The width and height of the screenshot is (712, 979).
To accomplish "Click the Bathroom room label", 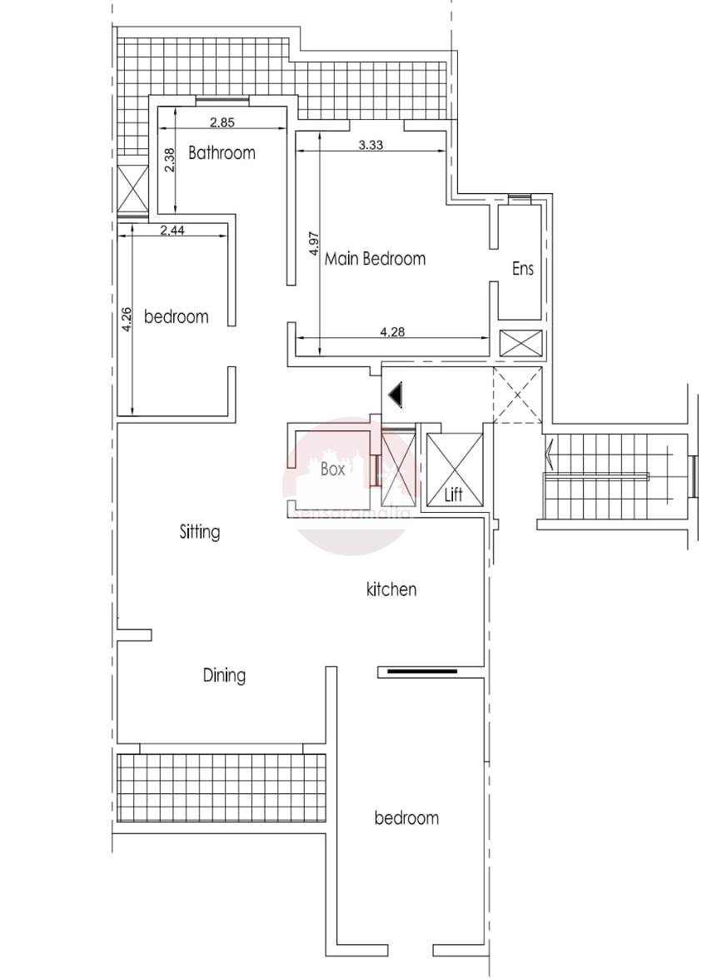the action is tap(222, 152).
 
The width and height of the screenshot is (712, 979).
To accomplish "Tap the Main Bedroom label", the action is tap(375, 258).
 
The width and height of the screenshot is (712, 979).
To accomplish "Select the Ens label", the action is tap(523, 268).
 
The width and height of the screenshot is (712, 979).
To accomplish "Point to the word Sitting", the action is tap(200, 532).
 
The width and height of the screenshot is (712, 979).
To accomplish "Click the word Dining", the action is tap(224, 675).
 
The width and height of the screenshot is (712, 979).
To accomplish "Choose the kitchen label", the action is tap(391, 589).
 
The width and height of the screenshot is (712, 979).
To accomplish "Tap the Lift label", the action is tap(453, 494).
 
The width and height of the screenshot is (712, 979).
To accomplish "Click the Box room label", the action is tap(333, 468).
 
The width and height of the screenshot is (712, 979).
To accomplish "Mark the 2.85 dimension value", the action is tap(222, 122).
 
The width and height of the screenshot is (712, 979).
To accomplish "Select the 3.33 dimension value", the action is tap(371, 145).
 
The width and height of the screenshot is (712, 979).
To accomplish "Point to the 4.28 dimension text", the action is tap(392, 332).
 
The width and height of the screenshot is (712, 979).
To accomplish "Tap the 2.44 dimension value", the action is tap(172, 231).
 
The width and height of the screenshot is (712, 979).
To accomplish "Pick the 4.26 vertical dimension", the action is tap(127, 319).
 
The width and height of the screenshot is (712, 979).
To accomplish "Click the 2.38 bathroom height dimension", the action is tap(170, 160).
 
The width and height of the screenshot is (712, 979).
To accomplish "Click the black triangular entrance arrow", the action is tap(396, 395).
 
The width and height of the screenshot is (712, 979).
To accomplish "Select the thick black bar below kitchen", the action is tap(421, 672).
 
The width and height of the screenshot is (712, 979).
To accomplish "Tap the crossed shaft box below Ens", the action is tap(521, 343).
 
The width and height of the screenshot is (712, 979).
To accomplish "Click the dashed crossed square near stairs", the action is tap(517, 395).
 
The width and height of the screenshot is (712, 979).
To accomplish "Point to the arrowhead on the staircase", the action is tap(549, 454).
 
